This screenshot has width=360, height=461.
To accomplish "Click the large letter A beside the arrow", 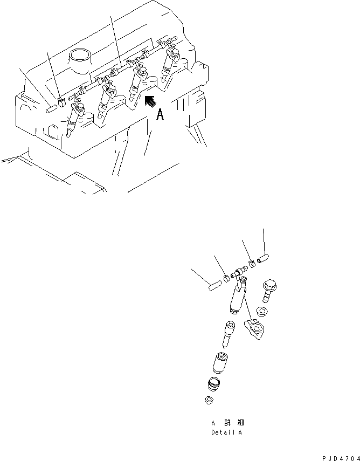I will [x=160, y=114].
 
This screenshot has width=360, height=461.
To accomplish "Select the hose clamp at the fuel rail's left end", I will [x=61, y=100].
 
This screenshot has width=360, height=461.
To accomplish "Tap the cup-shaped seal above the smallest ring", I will [x=215, y=384].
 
